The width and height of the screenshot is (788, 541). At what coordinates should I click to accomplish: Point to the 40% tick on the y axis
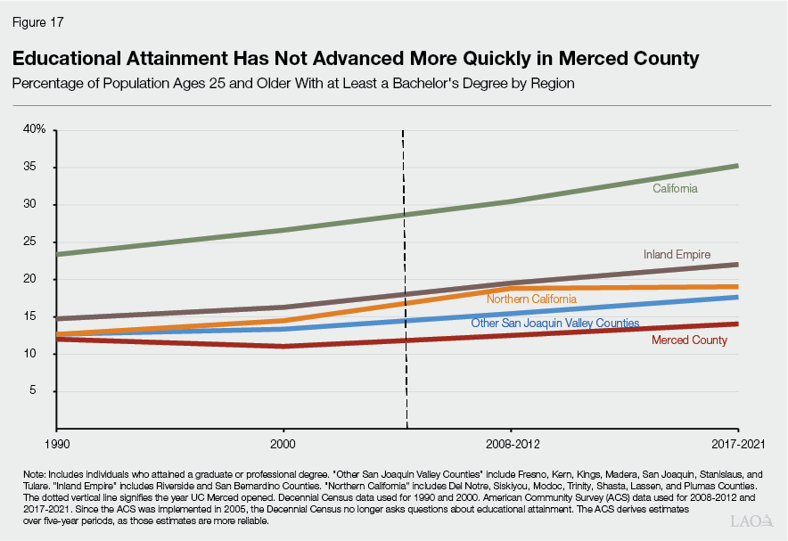(35, 130)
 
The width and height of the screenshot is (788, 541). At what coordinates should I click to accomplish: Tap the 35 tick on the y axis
(40, 168)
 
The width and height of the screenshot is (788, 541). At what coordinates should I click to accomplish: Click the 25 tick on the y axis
(40, 242)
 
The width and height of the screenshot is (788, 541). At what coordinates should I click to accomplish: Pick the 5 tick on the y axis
(43, 391)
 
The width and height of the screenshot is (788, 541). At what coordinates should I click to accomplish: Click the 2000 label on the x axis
(283, 443)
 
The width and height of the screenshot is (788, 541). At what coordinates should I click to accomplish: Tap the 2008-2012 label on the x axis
(511, 443)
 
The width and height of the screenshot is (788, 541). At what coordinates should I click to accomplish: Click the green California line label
(675, 189)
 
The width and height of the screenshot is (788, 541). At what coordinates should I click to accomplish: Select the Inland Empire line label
(677, 255)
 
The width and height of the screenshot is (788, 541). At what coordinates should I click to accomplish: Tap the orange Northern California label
(530, 299)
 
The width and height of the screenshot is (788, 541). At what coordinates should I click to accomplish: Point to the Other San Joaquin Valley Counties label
(554, 323)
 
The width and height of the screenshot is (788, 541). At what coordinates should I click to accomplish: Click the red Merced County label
(689, 340)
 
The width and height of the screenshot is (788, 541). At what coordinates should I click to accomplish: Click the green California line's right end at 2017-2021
(736, 166)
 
